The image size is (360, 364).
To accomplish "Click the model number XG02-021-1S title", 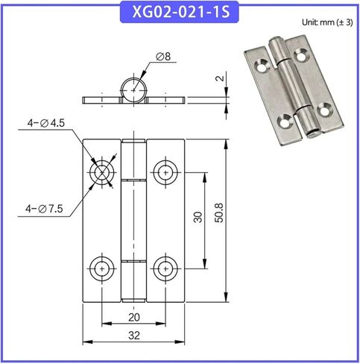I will tap(180, 13).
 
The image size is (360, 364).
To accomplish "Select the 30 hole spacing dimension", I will tap(197, 219).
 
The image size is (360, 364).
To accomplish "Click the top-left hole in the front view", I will tap(101, 172).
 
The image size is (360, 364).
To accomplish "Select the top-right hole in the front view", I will tap(165, 172).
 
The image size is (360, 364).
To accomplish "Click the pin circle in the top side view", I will tap(134, 87).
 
